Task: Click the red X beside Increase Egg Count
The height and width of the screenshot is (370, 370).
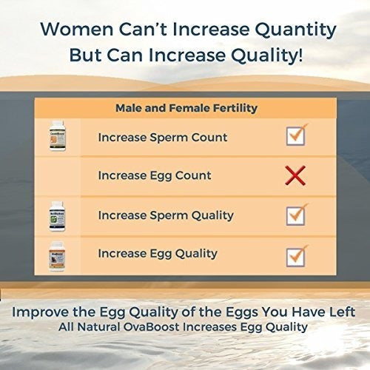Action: [295, 175]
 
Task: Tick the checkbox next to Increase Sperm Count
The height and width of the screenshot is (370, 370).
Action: [296, 135]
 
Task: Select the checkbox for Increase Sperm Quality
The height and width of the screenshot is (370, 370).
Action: [296, 215]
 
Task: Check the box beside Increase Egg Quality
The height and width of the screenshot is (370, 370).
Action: [296, 257]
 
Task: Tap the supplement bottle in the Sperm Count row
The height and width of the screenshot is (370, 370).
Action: [57, 135]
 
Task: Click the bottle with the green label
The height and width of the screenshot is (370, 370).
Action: [57, 216]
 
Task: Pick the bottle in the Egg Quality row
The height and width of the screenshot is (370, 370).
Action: [57, 257]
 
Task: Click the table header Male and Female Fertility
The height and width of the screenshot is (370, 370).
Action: [186, 108]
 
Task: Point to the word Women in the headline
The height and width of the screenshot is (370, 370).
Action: [77, 29]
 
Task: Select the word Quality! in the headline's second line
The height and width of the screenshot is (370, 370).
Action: [266, 56]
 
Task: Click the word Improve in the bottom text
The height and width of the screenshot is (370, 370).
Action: [41, 312]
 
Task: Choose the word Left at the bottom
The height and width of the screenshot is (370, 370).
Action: [343, 312]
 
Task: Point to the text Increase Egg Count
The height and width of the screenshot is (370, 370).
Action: [155, 176]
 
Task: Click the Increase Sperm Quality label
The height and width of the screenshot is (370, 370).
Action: [166, 216]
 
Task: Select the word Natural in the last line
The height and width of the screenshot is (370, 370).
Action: [98, 327]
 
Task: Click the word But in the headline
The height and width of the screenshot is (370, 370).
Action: [86, 55]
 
